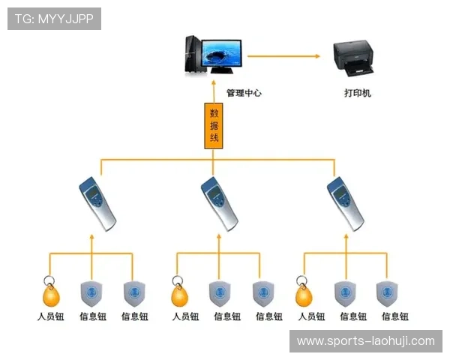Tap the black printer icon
click(x=354, y=59)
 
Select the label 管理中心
click(x=244, y=93)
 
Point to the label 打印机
click(x=357, y=93)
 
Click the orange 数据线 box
click(x=214, y=125)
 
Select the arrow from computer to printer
click(x=283, y=55)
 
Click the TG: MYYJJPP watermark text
click(x=54, y=19)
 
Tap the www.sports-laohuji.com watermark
click(x=365, y=340)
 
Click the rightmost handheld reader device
click(x=346, y=203)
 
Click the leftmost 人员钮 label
click(x=50, y=316)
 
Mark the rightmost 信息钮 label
click(x=394, y=316)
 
